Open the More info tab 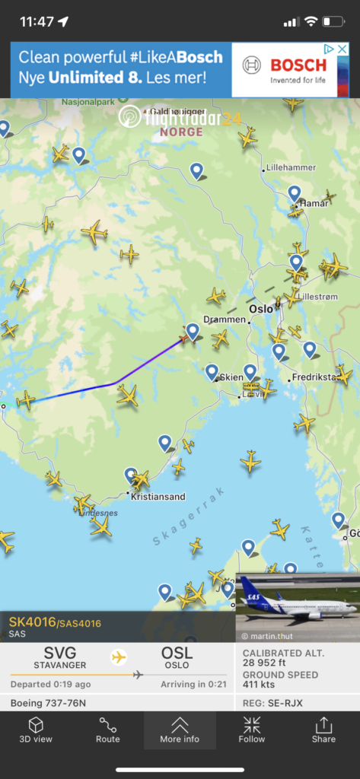coord(180,730)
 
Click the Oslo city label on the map coord(261,309)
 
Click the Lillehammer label coord(289,167)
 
